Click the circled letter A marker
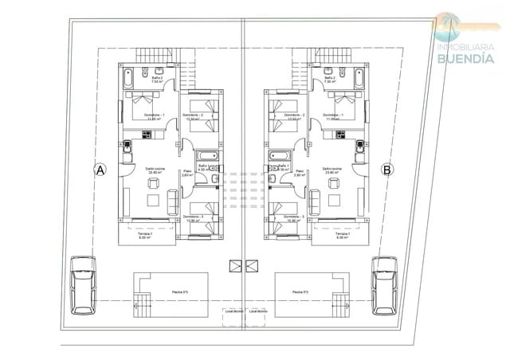(100, 169)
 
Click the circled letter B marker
(387, 169)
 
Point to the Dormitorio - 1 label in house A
(154, 115)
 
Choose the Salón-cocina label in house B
(332, 170)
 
